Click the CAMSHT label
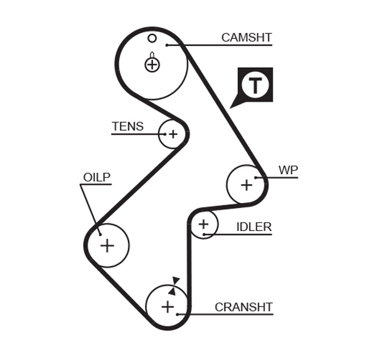click(246, 37)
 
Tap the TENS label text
click(127, 127)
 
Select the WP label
click(288, 170)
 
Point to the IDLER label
click(253, 227)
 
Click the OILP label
click(97, 177)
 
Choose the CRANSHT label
click(243, 307)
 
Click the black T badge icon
click(254, 84)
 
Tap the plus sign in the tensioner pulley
click(172, 134)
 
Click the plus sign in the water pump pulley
click(247, 184)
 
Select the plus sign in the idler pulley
click(203, 224)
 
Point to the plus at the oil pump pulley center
click(107, 245)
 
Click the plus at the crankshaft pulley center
click(167, 306)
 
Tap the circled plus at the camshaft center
click(152, 64)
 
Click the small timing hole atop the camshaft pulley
click(152, 39)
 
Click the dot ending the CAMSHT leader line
click(166, 45)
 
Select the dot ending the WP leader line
click(257, 178)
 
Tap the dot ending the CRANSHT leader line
click(177, 314)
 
